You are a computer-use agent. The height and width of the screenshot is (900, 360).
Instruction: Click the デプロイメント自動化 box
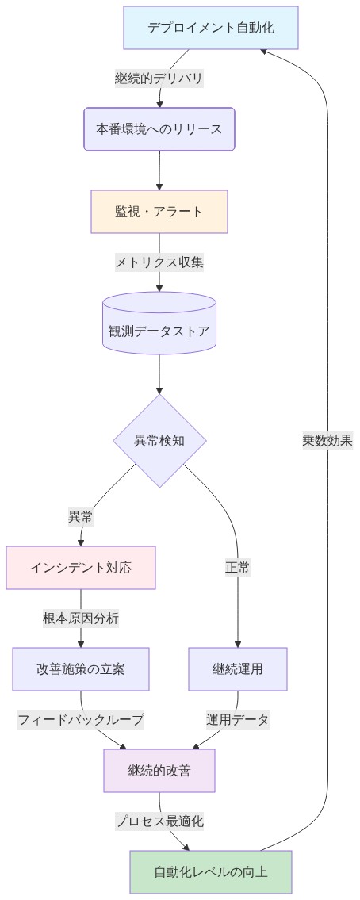[210, 28]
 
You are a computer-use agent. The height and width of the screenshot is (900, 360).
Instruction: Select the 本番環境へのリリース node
[159, 128]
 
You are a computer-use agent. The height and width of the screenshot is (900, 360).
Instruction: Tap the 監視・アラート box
[159, 212]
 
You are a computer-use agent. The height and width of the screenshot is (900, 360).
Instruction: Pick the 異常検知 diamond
[159, 440]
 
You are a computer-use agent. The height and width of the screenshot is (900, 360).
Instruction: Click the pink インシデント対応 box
[80, 567]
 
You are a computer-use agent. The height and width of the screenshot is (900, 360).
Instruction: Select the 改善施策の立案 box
[80, 668]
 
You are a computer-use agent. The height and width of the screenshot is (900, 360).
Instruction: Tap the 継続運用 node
[237, 668]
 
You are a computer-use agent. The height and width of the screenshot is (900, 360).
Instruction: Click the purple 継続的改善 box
[159, 770]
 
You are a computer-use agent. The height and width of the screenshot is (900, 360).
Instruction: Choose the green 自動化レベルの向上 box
[211, 872]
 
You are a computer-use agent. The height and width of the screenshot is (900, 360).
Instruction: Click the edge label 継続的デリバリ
[159, 79]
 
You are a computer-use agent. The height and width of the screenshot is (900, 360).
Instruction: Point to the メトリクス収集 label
[159, 263]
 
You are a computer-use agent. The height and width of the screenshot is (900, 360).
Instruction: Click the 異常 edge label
[80, 517]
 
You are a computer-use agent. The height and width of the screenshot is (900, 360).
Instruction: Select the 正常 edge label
[237, 567]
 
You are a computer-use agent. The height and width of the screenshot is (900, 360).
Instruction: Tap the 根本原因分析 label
[80, 619]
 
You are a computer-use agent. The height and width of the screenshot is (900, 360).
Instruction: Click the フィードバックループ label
[80, 720]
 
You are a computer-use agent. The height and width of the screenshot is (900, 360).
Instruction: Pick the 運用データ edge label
[237, 720]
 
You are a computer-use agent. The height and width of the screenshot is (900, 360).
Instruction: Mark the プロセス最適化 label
[159, 821]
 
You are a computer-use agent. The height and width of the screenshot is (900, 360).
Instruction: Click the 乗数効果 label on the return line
[327, 440]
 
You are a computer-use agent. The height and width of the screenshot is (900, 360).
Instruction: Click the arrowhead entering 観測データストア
[159, 287]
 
